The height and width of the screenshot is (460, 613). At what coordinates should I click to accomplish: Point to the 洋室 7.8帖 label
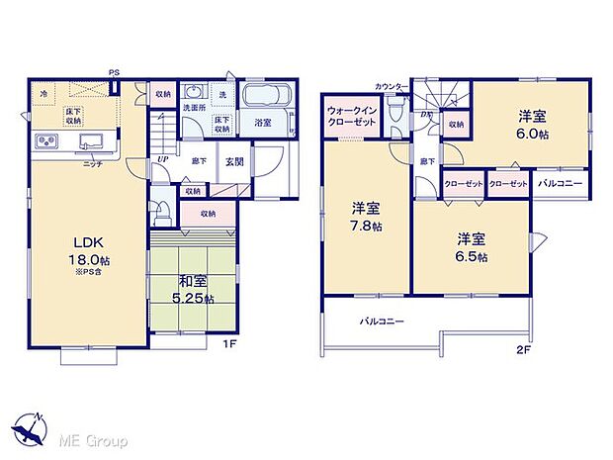click(366, 217)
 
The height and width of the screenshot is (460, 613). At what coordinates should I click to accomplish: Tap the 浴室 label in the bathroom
click(263, 124)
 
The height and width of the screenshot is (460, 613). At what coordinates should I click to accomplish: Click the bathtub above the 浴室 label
click(264, 97)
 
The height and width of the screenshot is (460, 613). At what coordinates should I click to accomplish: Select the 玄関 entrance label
click(233, 162)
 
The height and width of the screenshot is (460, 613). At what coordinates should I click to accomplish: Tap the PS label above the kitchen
click(114, 71)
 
